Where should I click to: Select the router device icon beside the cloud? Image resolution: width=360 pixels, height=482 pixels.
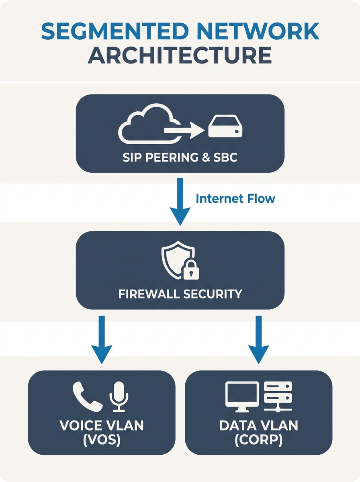pos(225,128)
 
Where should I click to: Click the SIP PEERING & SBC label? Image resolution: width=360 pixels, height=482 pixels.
pos(180,157)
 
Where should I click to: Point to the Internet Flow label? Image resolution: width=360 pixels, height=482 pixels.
pos(235,198)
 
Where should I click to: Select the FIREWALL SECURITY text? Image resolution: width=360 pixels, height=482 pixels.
pos(180,294)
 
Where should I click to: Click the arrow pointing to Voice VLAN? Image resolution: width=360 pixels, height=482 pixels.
pos(101,339)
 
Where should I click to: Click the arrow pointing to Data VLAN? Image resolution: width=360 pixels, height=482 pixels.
pos(258,339)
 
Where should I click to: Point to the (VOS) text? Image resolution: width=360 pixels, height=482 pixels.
pos(101,440)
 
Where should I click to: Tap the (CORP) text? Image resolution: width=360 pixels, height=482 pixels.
pos(258,440)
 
